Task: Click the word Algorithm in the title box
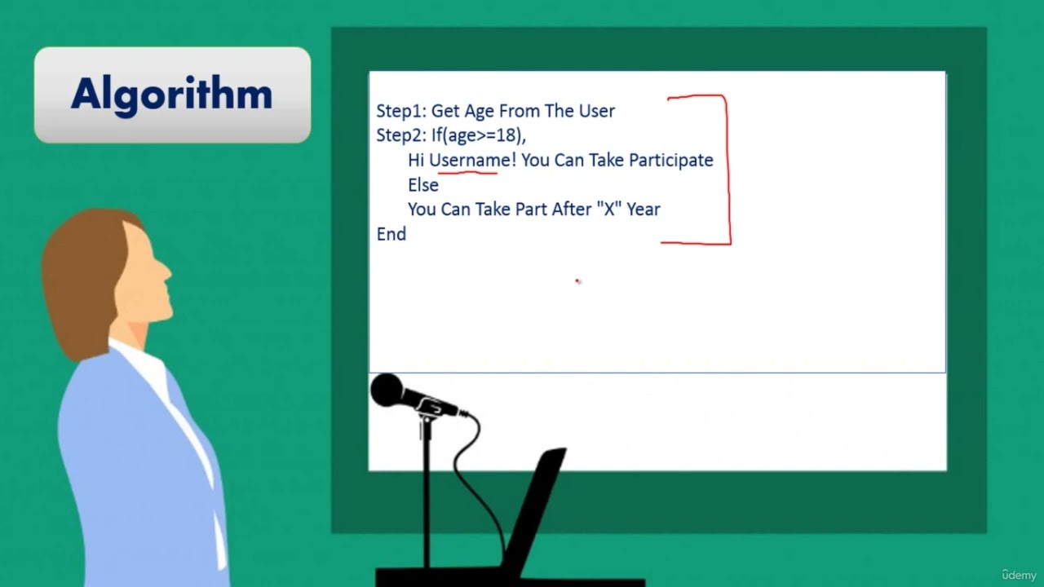[x=171, y=95]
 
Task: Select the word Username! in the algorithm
[x=472, y=160]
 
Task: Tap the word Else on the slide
[x=423, y=185]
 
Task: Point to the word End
[x=391, y=234]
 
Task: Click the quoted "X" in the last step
[x=608, y=209]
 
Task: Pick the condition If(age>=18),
[x=479, y=135]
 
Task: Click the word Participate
[x=670, y=161]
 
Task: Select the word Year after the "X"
[x=644, y=210]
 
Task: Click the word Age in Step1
[x=480, y=112]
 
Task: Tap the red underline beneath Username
[x=467, y=172]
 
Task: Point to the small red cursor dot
[x=577, y=281]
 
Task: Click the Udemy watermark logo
[x=1019, y=574]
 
